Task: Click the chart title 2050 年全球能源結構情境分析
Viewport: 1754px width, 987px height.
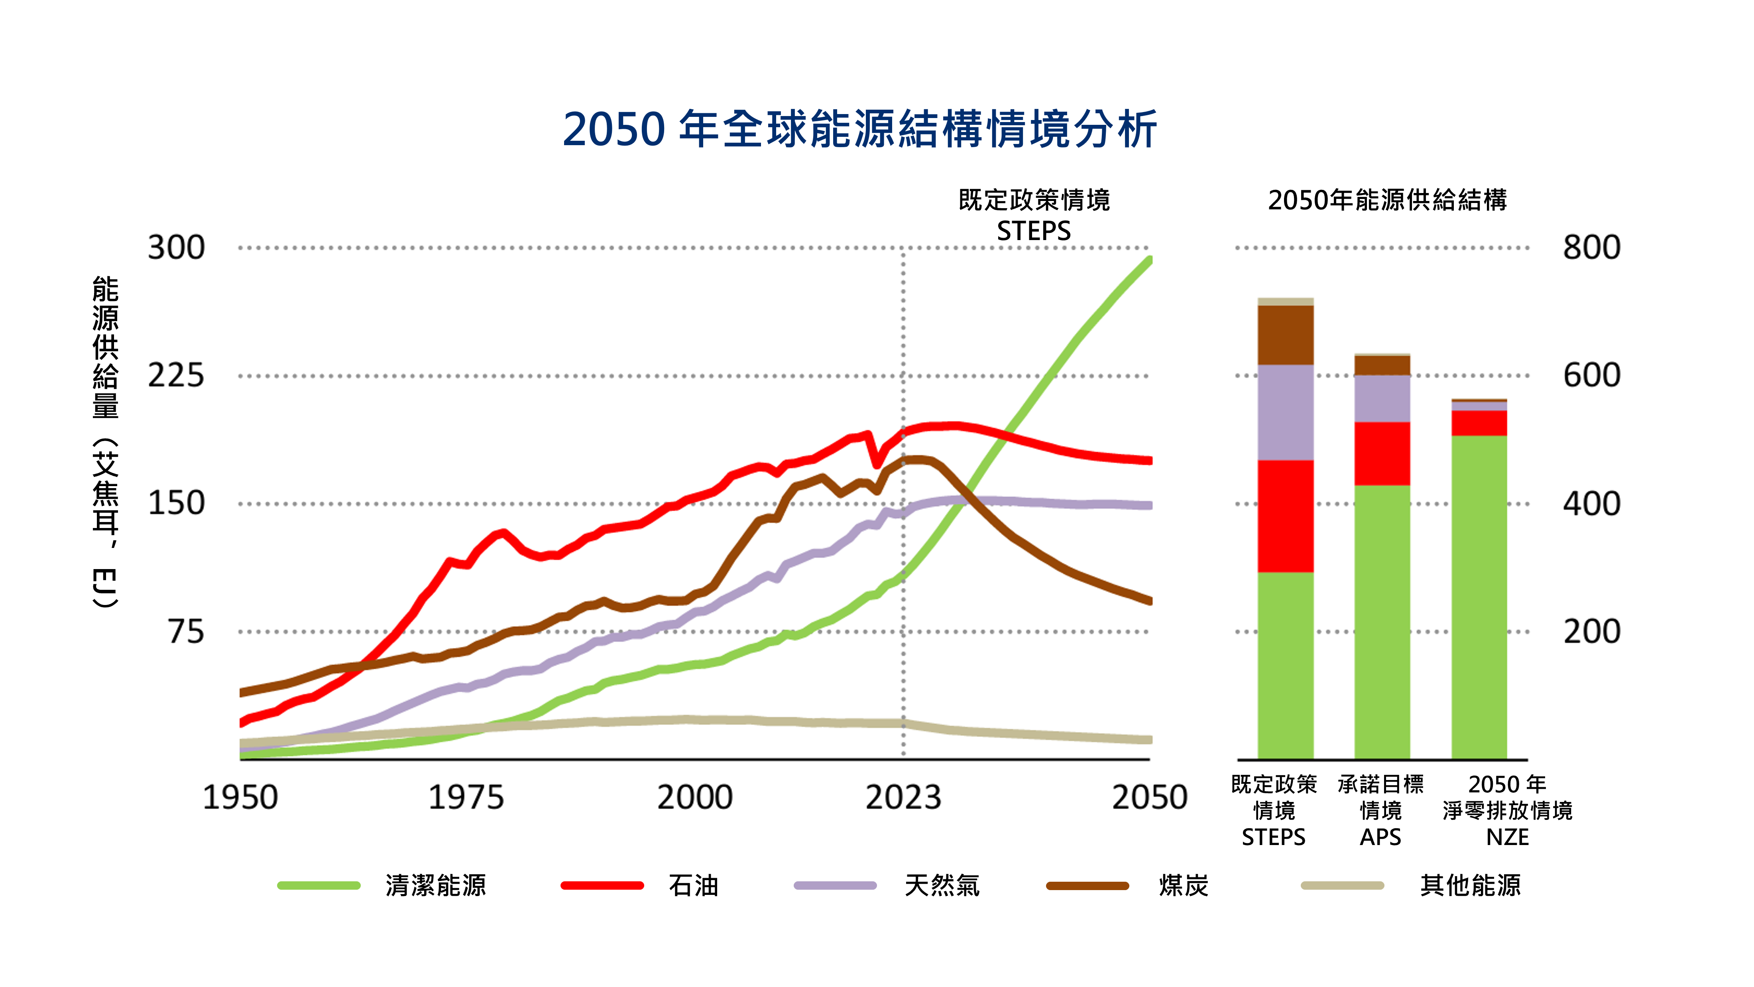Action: pyautogui.click(x=859, y=129)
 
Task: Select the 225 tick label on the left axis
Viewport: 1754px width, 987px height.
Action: pyautogui.click(x=176, y=375)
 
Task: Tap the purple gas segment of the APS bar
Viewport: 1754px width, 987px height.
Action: pyautogui.click(x=1382, y=398)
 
